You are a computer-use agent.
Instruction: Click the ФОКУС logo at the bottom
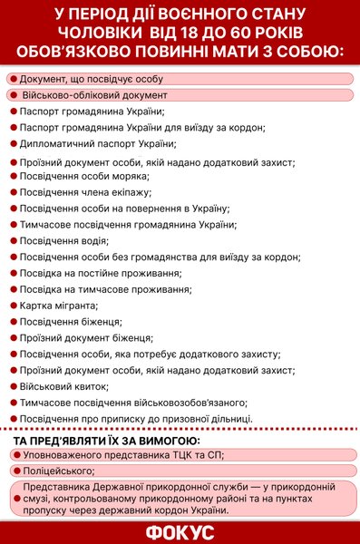[180, 529]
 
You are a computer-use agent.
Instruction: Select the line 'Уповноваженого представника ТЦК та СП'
[122, 454]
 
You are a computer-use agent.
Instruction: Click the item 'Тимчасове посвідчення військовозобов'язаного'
[132, 402]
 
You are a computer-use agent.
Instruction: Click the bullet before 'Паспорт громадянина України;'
[13, 112]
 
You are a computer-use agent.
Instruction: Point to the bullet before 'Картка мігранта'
[13, 306]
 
